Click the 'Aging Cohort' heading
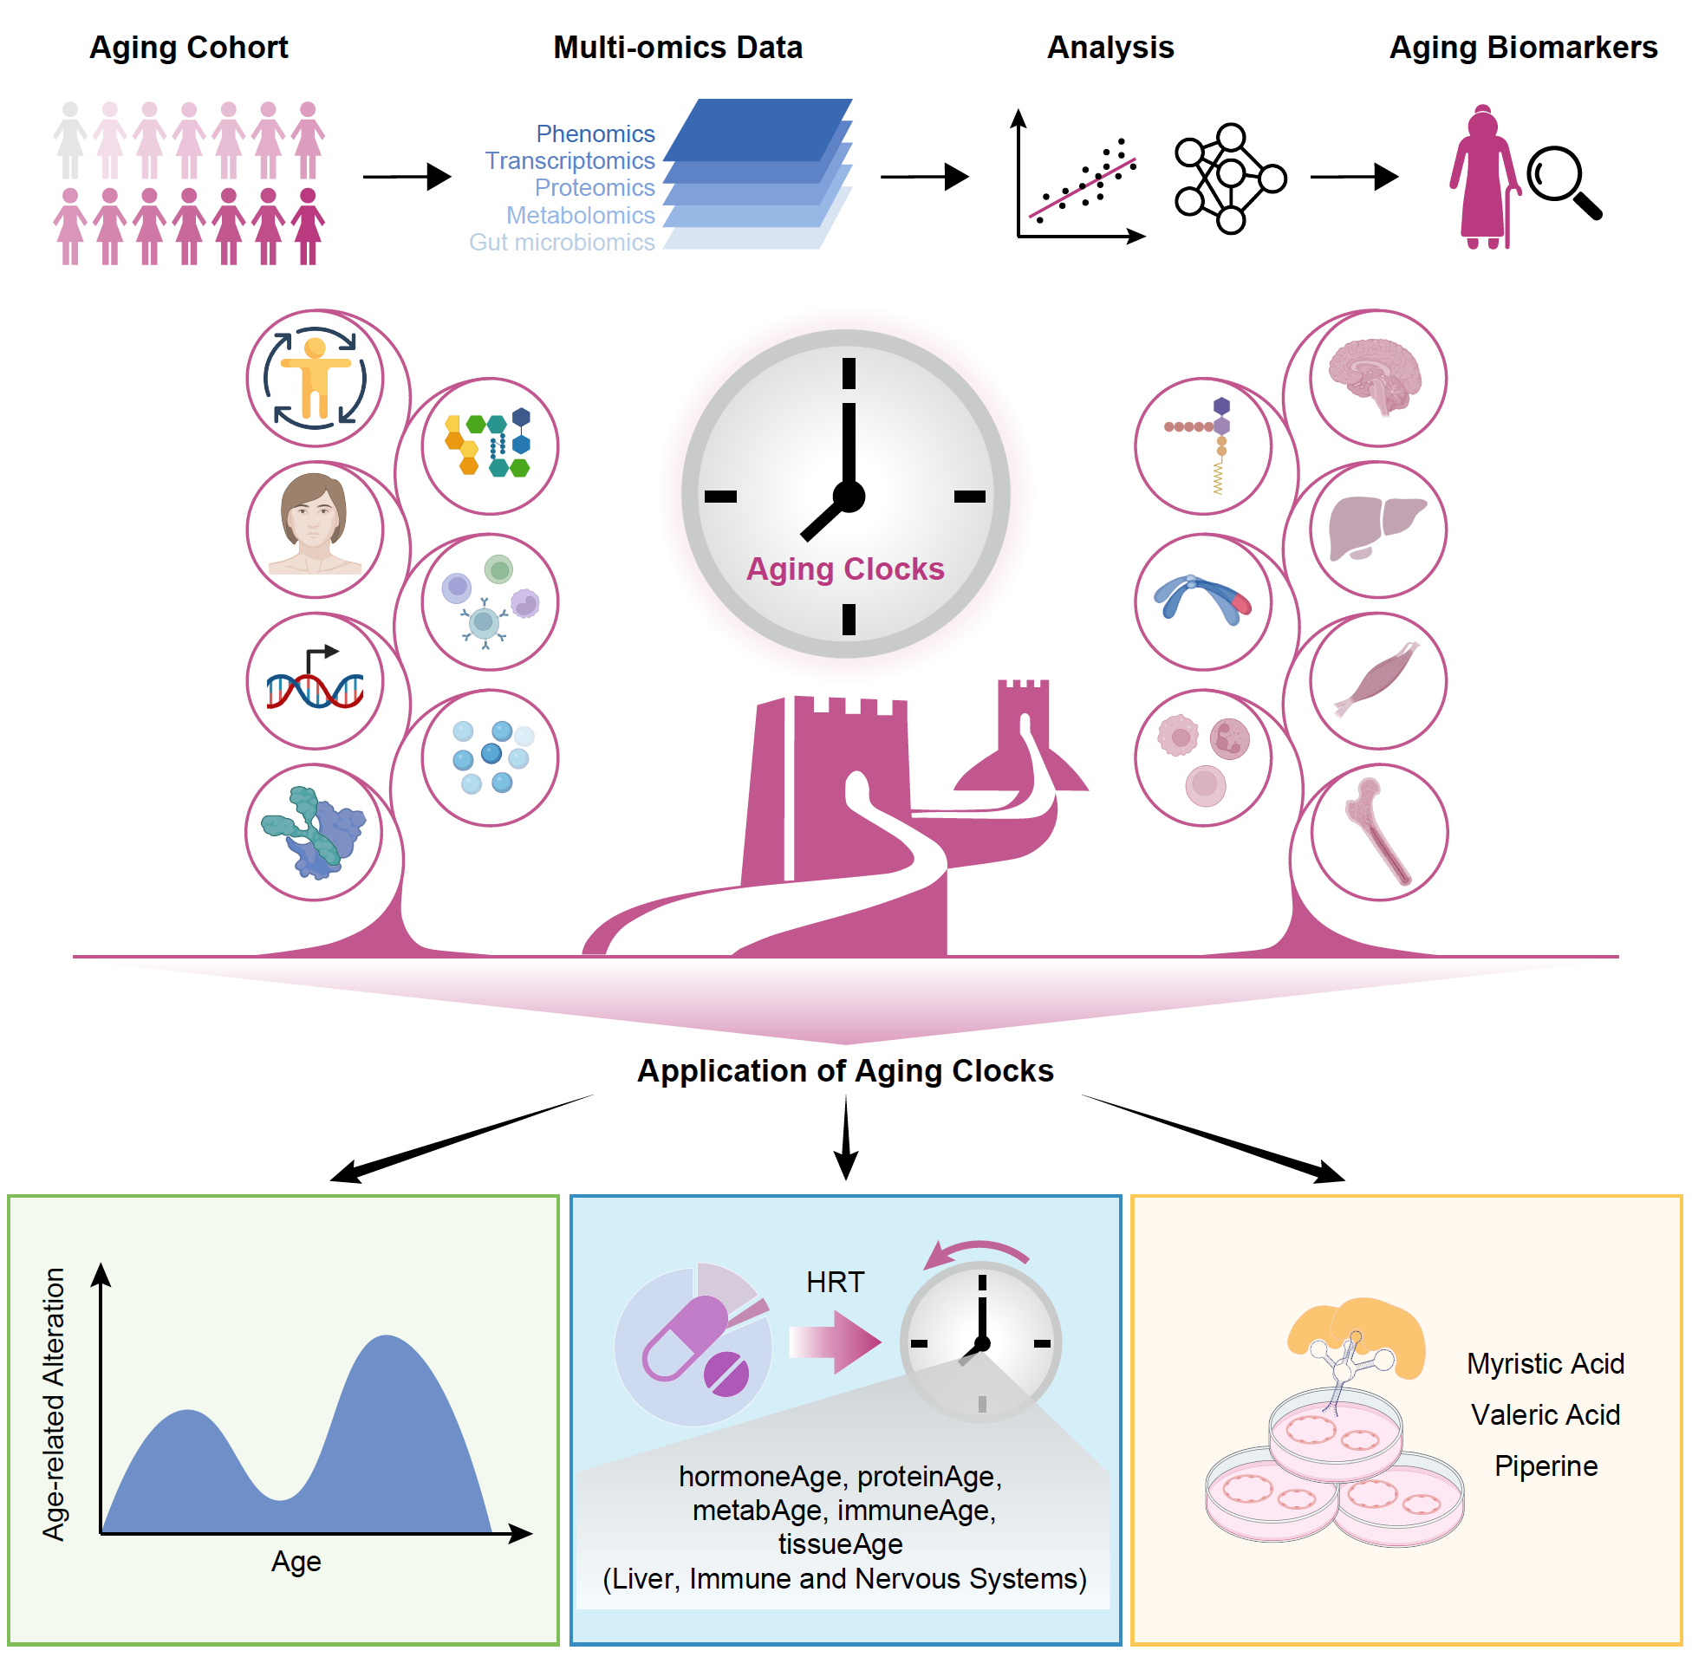(188, 47)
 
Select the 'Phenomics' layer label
(595, 133)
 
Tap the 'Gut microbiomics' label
(562, 242)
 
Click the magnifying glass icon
(1562, 181)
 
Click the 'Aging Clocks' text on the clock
(844, 569)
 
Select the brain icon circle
(1376, 379)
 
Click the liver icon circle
(1376, 530)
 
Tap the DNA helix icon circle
(314, 680)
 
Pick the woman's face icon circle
(314, 530)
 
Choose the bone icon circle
(1378, 832)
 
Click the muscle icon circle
(1376, 680)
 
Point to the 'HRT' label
(835, 1282)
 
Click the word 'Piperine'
(1545, 1465)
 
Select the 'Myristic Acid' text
(1545, 1363)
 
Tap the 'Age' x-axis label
(296, 1562)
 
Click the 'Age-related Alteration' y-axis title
(54, 1403)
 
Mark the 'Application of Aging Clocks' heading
(844, 1070)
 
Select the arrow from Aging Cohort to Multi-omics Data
(407, 177)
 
